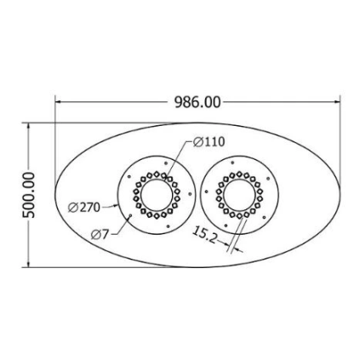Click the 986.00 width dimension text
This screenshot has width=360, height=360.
point(197,102)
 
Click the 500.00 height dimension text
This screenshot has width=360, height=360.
point(29,195)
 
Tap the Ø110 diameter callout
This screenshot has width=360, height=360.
point(209,142)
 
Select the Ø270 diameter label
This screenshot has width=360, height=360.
point(84,208)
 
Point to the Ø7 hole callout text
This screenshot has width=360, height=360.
point(100,234)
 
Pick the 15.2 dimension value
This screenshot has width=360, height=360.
point(205,235)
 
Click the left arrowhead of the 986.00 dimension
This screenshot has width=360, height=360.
point(58,102)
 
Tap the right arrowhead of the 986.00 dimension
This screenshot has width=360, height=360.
point(336,102)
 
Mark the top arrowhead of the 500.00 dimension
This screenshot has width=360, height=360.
point(28,127)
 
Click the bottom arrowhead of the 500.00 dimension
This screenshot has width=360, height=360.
point(28,264)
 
